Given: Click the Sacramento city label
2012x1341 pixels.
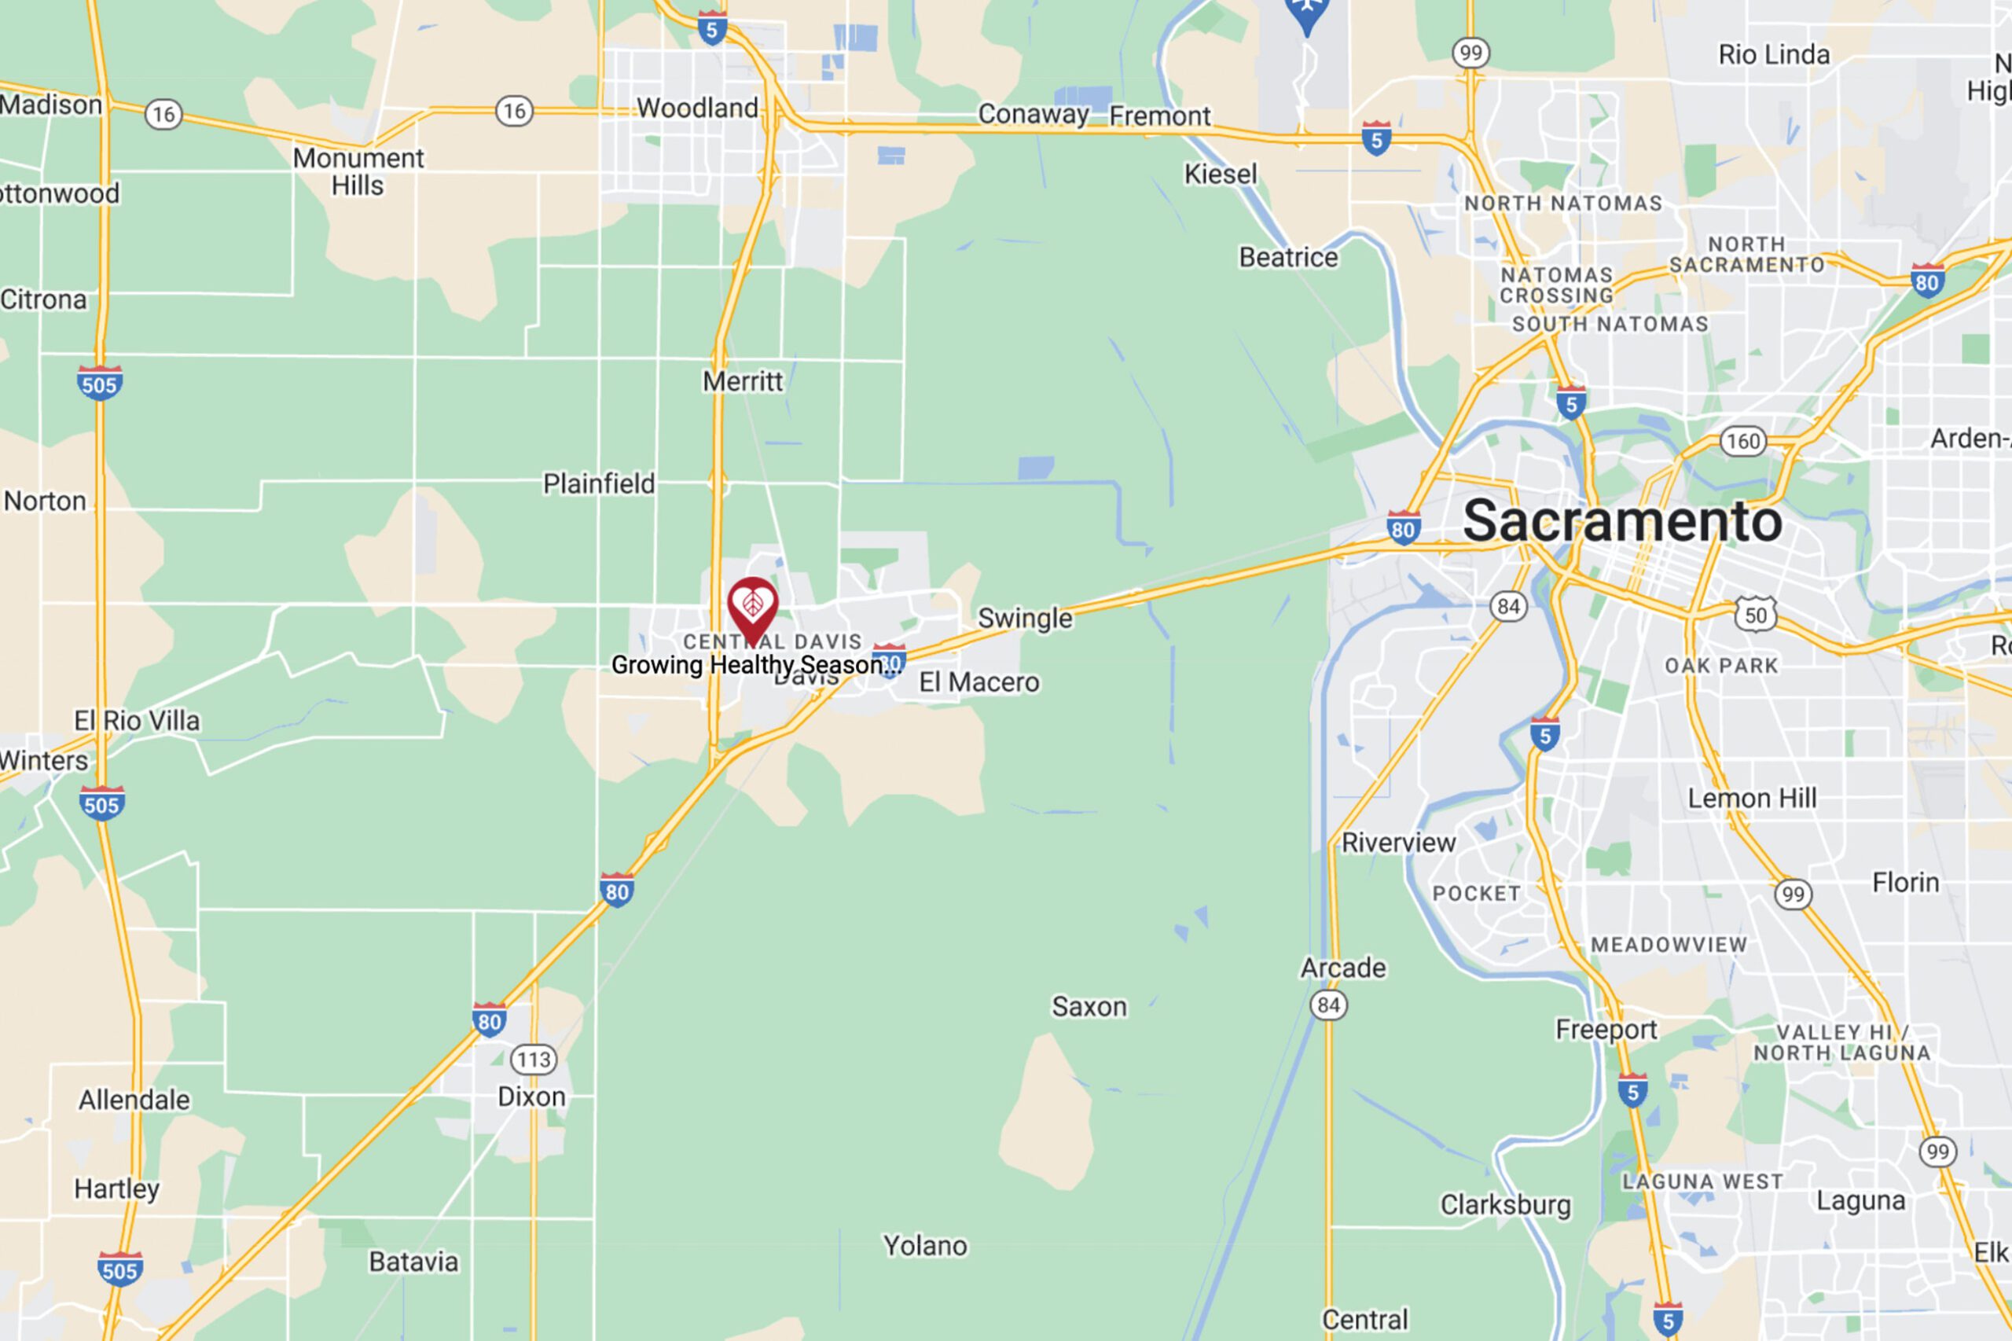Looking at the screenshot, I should point(1622,521).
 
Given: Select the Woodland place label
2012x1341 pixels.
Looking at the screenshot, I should point(697,108).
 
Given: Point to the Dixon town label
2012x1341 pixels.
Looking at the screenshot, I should point(531,1097).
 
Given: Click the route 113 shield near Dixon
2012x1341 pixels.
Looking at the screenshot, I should point(534,1060).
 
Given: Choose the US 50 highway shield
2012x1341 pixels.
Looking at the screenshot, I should point(1756,615).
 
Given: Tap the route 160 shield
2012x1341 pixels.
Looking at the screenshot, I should point(1742,441).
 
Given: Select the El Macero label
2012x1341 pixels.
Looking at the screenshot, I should point(979,682).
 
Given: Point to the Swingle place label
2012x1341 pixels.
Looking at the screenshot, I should point(1024,618).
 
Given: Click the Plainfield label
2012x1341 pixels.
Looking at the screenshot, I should point(599,484).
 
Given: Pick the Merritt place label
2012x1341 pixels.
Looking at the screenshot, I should point(742,381).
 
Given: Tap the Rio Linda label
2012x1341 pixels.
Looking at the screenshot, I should point(1775,55).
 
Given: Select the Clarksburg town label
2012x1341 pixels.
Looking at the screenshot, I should point(1506,1205).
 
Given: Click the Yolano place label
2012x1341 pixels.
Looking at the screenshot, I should point(925,1246).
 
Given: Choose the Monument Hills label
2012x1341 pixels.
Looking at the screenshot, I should point(358,172).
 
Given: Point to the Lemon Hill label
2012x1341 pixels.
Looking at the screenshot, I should point(1752,798).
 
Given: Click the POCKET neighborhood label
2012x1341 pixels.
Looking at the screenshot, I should point(1477,894).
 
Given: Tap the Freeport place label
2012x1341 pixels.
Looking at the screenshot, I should point(1606,1030).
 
